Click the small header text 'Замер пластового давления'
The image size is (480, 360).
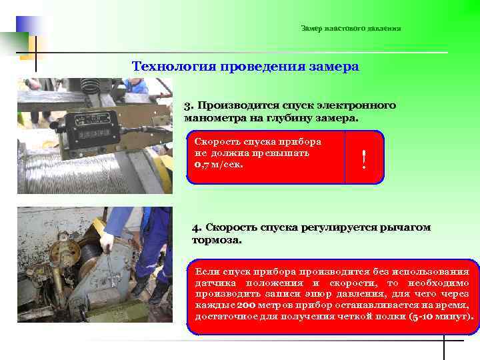point(351,29)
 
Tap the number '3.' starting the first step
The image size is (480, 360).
point(189,105)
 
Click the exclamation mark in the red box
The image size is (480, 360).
point(364,159)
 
